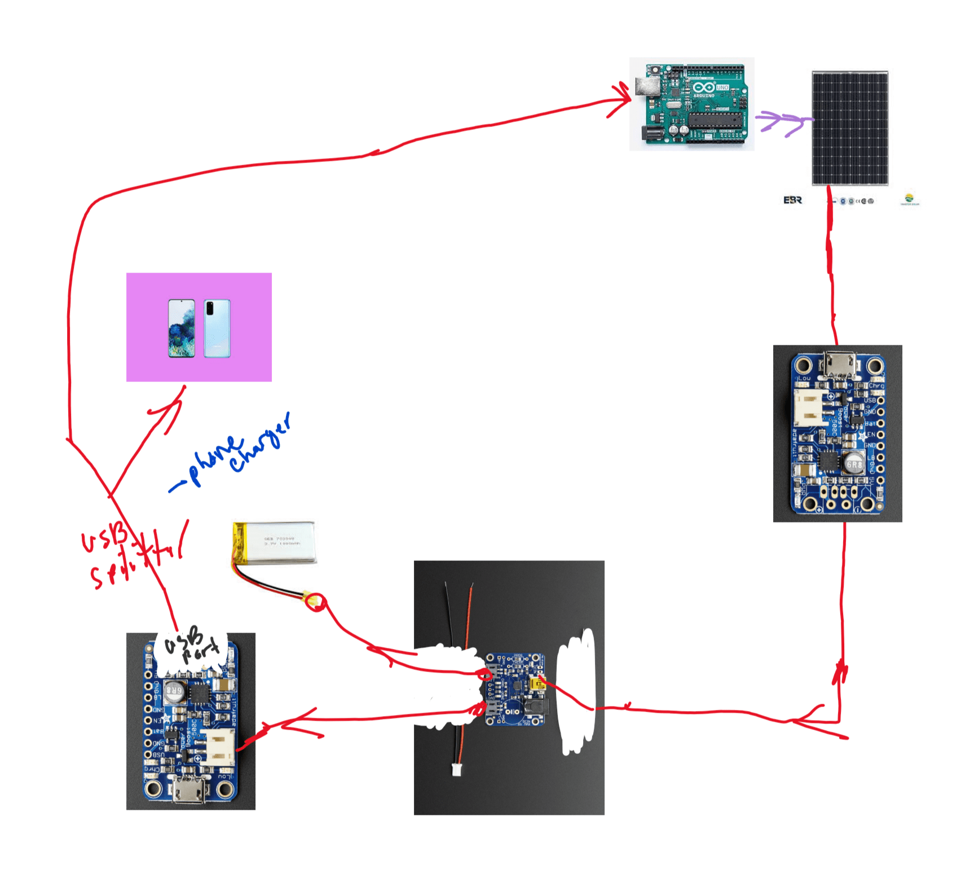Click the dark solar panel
[849, 128]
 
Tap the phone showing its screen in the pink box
[182, 328]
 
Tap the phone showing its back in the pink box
[217, 328]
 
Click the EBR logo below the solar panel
[792, 200]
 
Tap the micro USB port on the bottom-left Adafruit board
[189, 790]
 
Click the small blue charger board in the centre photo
[515, 689]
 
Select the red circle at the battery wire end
[316, 602]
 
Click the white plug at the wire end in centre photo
[456, 769]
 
